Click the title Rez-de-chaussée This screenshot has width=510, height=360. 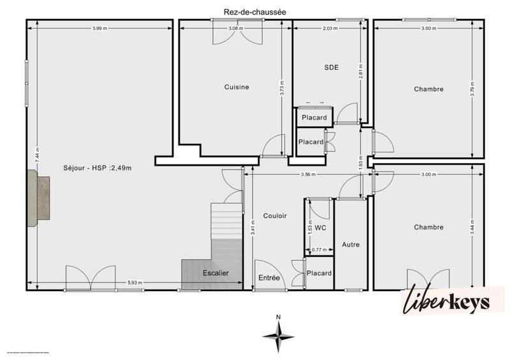tap(255, 11)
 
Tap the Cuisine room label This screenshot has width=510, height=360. tap(236, 87)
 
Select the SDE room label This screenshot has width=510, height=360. tap(331, 67)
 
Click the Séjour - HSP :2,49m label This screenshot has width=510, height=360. tap(98, 168)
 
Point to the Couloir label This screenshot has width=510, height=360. tap(275, 215)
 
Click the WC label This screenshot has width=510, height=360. tap(321, 227)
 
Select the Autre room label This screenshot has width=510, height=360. tap(351, 244)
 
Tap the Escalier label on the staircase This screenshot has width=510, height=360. tap(215, 273)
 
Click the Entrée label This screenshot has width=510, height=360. tap(269, 278)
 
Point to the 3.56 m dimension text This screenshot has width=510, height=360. tap(307, 174)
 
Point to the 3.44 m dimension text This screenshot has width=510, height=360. tap(472, 227)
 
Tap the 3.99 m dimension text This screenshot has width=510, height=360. tap(99, 28)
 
